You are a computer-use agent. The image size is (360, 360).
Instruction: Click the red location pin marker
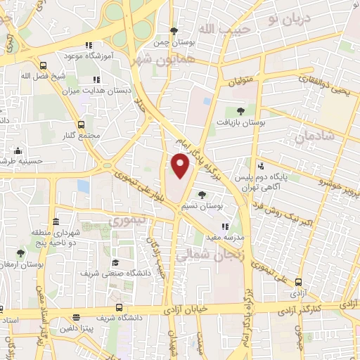point(181,166)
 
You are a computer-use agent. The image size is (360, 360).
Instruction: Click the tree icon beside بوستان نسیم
point(202,194)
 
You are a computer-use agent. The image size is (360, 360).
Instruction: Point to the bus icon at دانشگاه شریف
point(120,307)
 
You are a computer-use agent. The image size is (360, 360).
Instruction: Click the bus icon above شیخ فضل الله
point(43,65)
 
